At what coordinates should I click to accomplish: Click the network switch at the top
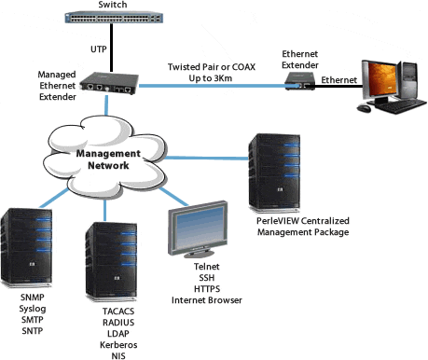[114, 17]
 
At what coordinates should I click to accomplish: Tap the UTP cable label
[99, 49]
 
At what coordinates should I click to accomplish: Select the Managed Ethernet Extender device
[109, 83]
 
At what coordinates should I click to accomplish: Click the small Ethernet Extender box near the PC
[300, 81]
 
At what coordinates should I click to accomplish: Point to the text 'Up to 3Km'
[211, 78]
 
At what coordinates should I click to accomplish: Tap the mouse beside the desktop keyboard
[364, 108]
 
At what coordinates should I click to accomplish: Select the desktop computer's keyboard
[400, 106]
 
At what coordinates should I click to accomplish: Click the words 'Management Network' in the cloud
[108, 159]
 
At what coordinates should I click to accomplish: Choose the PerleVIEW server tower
[274, 173]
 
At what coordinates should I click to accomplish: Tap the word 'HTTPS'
[207, 289]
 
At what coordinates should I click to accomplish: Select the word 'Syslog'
[33, 309]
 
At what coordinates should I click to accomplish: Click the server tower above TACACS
[111, 262]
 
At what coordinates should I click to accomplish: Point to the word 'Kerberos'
[118, 345]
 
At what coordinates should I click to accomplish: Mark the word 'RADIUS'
[118, 323]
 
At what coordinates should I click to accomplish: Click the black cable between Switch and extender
[111, 48]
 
